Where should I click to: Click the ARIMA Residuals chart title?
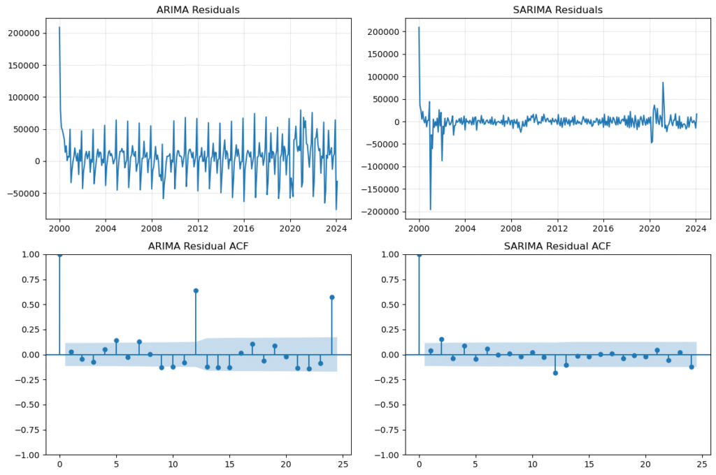pyautogui.click(x=199, y=10)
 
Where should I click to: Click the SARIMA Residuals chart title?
pyautogui.click(x=558, y=10)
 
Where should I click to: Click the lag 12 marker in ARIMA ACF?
pyautogui.click(x=196, y=291)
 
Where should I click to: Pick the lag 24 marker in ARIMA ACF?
pyautogui.click(x=331, y=297)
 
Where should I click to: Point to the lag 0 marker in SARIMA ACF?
pyautogui.click(x=419, y=255)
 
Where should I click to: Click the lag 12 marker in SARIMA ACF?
pyautogui.click(x=555, y=373)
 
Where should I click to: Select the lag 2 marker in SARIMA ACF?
pyautogui.click(x=441, y=339)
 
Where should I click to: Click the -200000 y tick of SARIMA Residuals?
pyautogui.click(x=378, y=212)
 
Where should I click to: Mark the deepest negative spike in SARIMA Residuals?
pyautogui.click(x=430, y=209)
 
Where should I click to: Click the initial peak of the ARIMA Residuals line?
pyautogui.click(x=59, y=28)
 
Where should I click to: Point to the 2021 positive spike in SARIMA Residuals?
pyautogui.click(x=663, y=83)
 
